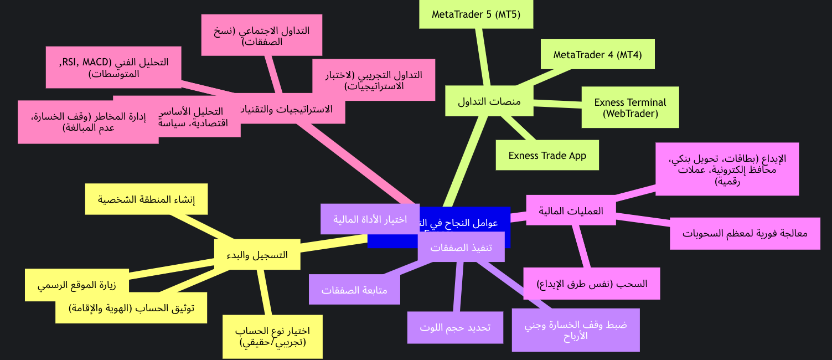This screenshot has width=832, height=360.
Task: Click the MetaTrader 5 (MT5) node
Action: point(476,14)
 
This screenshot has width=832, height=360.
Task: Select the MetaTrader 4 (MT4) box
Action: point(597,54)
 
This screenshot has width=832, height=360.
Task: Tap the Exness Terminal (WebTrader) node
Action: point(630,107)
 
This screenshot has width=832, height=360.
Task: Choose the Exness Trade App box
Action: point(547,156)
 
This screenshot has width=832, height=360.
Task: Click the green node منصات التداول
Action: point(489,102)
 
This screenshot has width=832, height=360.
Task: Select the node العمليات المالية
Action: point(571,210)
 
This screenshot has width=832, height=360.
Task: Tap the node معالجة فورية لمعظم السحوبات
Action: point(745,233)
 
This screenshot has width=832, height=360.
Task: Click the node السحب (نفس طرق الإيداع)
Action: point(591,284)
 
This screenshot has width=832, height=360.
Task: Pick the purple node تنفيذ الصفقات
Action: point(461,248)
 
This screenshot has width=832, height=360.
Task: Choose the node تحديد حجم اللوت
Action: point(455,327)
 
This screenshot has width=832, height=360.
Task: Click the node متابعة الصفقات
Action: point(354,290)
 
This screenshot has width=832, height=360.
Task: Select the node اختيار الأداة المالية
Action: point(370,219)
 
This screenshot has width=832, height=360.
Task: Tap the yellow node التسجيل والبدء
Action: point(257,255)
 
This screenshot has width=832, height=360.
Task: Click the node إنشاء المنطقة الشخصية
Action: point(146,199)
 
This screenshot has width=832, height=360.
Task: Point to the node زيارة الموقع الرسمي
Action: point(76,285)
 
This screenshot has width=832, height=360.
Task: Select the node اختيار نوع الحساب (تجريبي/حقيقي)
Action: point(272,336)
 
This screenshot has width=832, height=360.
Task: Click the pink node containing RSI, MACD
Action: point(113,67)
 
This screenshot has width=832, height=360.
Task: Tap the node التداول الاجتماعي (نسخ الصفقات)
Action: point(261,35)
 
